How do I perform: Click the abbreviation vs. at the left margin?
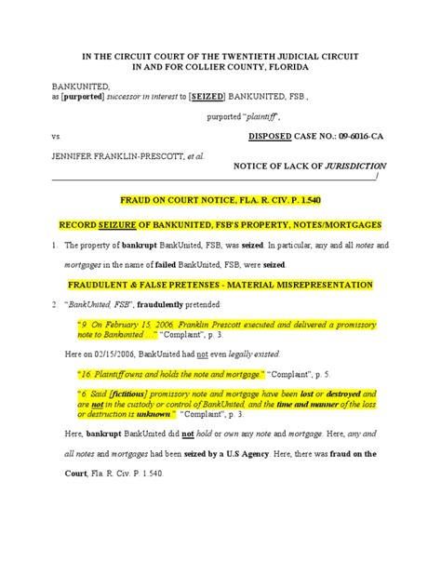(x=55, y=135)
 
